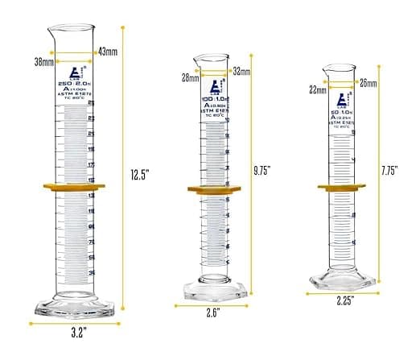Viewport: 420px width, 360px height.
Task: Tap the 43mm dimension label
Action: pyautogui.click(x=107, y=52)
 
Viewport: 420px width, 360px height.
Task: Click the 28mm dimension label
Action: pyautogui.click(x=191, y=78)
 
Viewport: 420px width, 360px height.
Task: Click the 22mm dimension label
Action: pyautogui.click(x=318, y=90)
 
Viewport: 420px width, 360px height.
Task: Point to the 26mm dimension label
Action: pyautogui.click(x=369, y=82)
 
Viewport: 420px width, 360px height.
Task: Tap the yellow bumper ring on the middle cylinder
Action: pyautogui.click(x=214, y=190)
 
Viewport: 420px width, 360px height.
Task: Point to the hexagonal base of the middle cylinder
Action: pyautogui.click(x=214, y=291)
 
